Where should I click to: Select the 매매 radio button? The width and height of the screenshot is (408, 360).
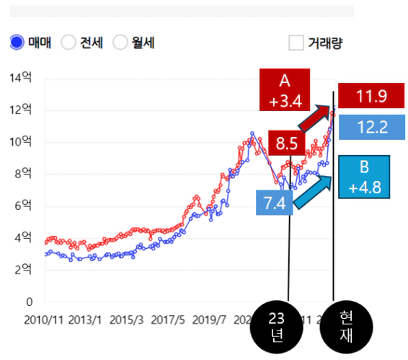(x=17, y=43)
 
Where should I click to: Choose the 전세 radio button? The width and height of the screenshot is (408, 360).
(x=68, y=43)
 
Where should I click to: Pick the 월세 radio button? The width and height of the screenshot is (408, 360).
(x=120, y=43)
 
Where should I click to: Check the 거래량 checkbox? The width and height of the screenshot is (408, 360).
(x=296, y=43)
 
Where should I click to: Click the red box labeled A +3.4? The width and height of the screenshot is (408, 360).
(x=285, y=89)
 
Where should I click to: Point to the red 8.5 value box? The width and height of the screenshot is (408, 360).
(x=286, y=143)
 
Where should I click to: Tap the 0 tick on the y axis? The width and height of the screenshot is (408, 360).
(x=30, y=302)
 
